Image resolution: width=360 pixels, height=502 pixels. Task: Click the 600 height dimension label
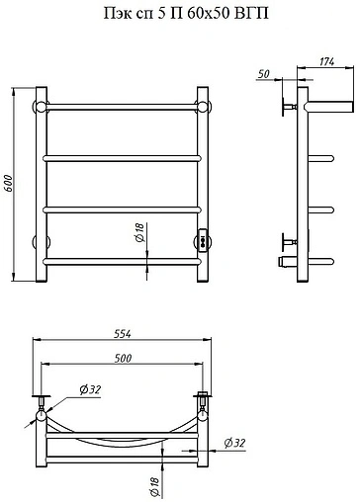click(x=8, y=183)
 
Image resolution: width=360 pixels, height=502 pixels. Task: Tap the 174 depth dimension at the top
click(x=326, y=61)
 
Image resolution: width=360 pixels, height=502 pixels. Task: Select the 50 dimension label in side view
click(x=264, y=74)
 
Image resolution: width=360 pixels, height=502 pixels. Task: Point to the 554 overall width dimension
click(x=123, y=334)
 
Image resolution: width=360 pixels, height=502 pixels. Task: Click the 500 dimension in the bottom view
click(x=123, y=358)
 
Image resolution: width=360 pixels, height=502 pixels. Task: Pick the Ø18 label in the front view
click(x=140, y=232)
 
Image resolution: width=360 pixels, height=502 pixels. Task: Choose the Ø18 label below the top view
click(x=154, y=487)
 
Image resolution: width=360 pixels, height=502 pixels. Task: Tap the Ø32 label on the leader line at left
click(x=90, y=390)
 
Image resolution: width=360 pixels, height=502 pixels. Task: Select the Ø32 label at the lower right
click(x=234, y=443)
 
